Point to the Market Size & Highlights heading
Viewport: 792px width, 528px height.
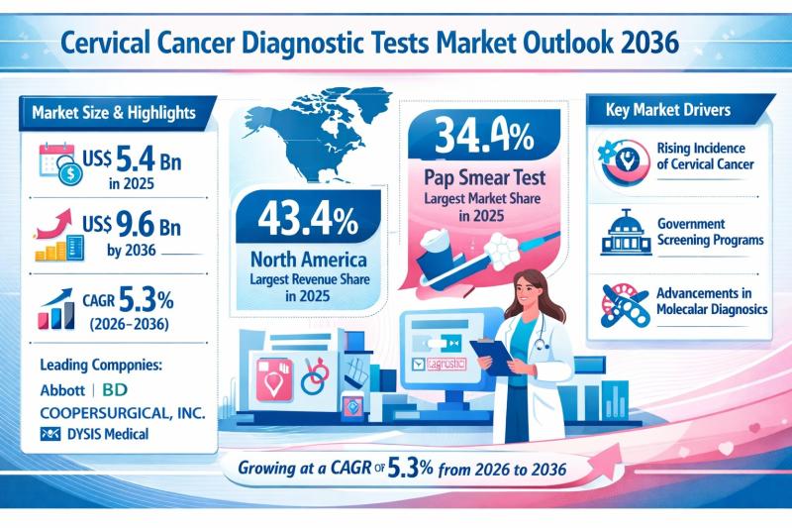point(111,111)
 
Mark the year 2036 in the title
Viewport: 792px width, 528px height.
point(645,45)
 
